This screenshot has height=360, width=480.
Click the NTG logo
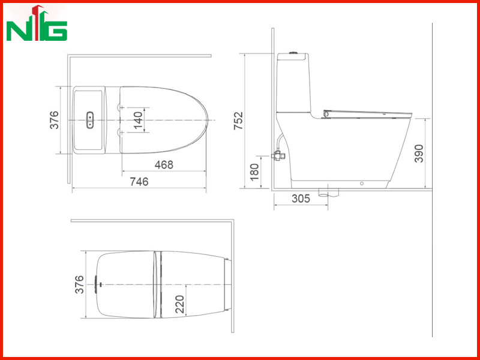coord(37,23)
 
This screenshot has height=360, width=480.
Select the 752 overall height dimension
coord(238,121)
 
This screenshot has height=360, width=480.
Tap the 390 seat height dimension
coord(418,154)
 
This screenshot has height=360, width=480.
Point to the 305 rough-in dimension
coord(301,199)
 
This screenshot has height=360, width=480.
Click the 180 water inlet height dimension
coord(254,172)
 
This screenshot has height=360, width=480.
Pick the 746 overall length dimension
coord(139,182)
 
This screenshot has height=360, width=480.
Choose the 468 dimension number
coord(164,164)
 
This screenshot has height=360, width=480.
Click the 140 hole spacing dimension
coord(138,121)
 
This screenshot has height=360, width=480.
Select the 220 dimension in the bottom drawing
coord(180,304)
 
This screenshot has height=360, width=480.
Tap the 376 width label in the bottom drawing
coord(79,284)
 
